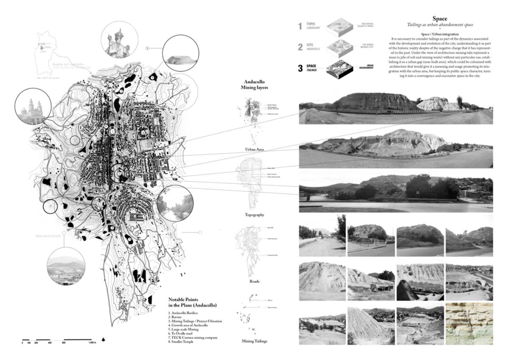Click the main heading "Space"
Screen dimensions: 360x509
point(439,19)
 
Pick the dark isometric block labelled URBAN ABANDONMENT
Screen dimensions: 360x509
point(341,68)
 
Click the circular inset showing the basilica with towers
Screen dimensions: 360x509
point(33,107)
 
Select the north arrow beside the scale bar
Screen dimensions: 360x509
point(103,339)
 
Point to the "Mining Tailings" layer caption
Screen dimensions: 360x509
point(255,341)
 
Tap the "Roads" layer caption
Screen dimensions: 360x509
point(255,281)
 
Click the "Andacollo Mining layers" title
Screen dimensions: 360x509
point(255,87)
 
